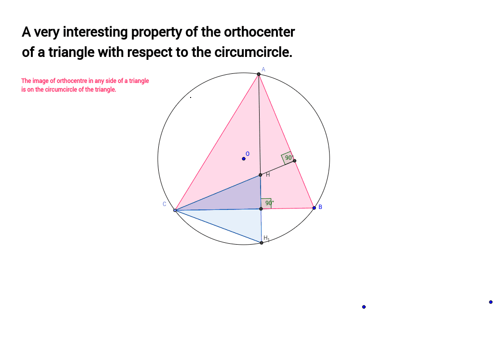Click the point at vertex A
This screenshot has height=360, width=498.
pyautogui.click(x=259, y=74)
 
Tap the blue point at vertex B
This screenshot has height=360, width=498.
pyautogui.click(x=314, y=208)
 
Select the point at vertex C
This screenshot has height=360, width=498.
pyautogui.click(x=175, y=210)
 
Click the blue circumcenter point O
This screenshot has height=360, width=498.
pyautogui.click(x=244, y=158)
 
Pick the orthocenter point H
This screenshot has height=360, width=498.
pyautogui.click(x=260, y=175)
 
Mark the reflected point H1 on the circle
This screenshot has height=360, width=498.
pyautogui.click(x=262, y=242)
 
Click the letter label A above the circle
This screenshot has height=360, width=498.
pyautogui.click(x=263, y=69)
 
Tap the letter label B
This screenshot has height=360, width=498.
pyautogui.click(x=320, y=208)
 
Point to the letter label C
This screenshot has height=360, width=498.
pyautogui.click(x=164, y=204)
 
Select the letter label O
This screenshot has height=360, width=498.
pyautogui.click(x=248, y=154)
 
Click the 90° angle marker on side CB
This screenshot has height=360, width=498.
pyautogui.click(x=267, y=203)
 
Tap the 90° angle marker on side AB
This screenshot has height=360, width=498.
pyautogui.click(x=288, y=158)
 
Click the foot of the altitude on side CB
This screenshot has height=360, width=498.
pyautogui.click(x=261, y=208)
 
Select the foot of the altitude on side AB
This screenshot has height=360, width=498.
pyautogui.click(x=294, y=161)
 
